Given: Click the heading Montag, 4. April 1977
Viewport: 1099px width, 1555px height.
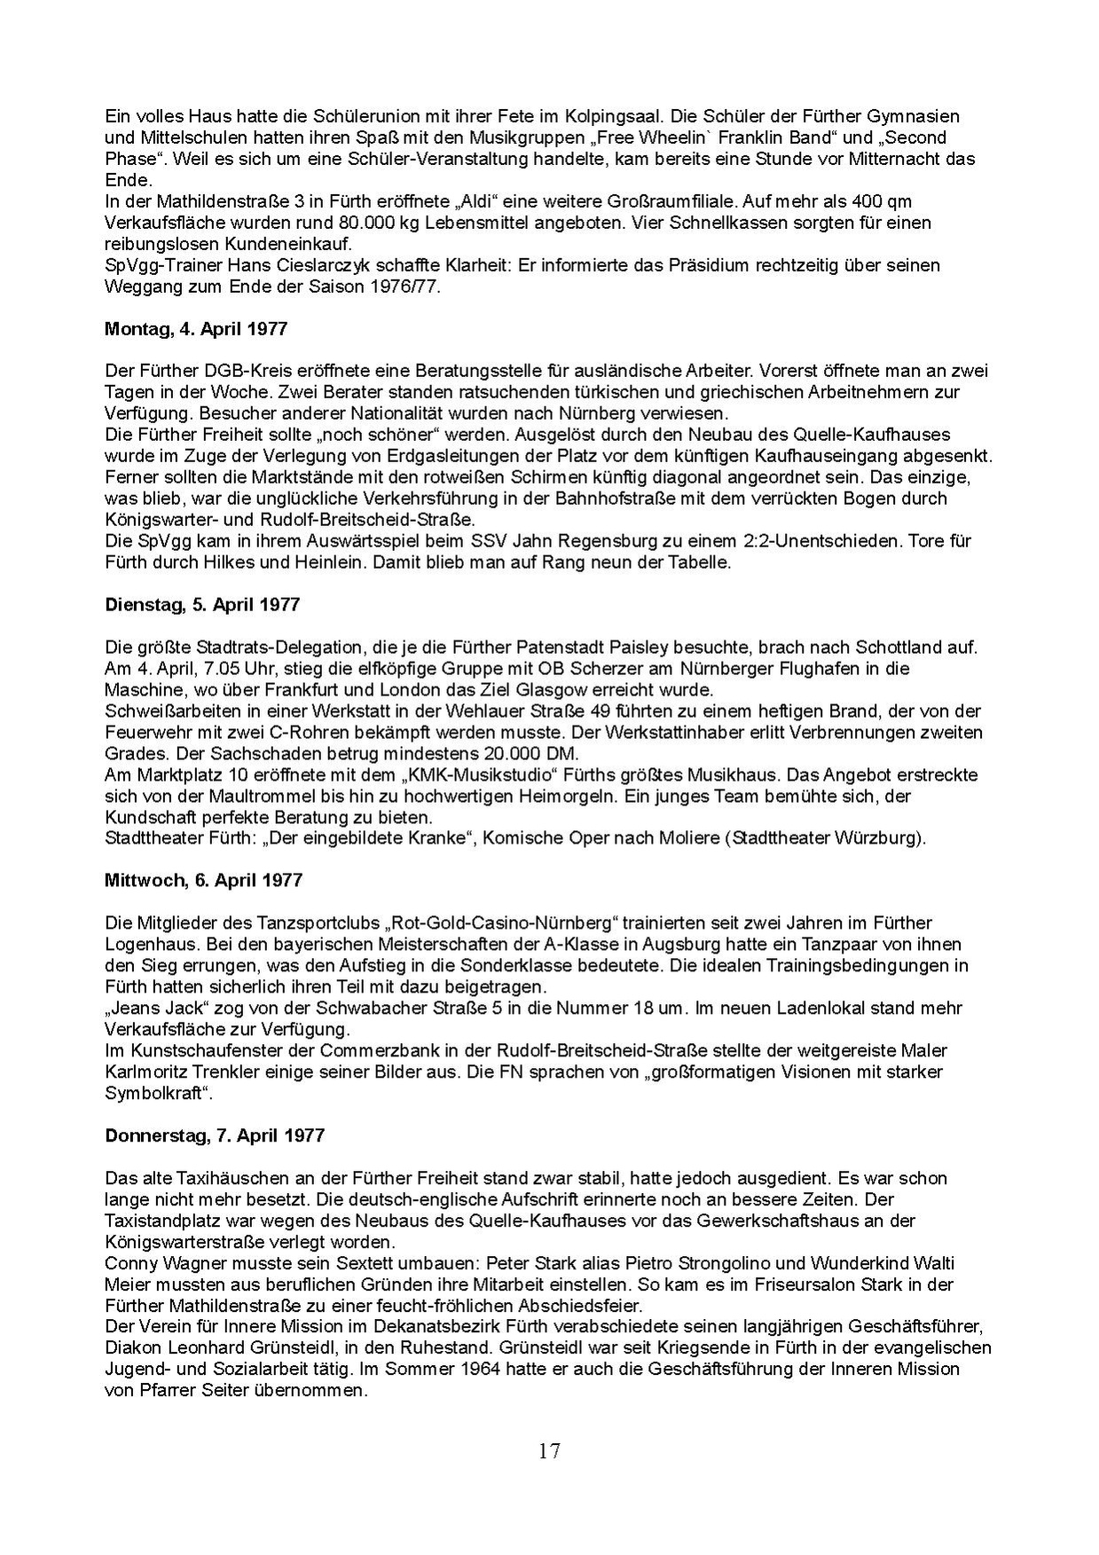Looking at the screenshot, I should click(x=196, y=328).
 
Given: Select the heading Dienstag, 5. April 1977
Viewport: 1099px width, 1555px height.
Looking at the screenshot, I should click(x=202, y=604).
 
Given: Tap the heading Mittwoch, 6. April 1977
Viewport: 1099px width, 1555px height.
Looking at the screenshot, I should click(x=203, y=881).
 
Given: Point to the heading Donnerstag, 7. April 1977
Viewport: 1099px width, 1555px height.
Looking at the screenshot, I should click(x=215, y=1135).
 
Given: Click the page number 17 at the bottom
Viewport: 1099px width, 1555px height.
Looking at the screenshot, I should click(x=549, y=1451).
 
